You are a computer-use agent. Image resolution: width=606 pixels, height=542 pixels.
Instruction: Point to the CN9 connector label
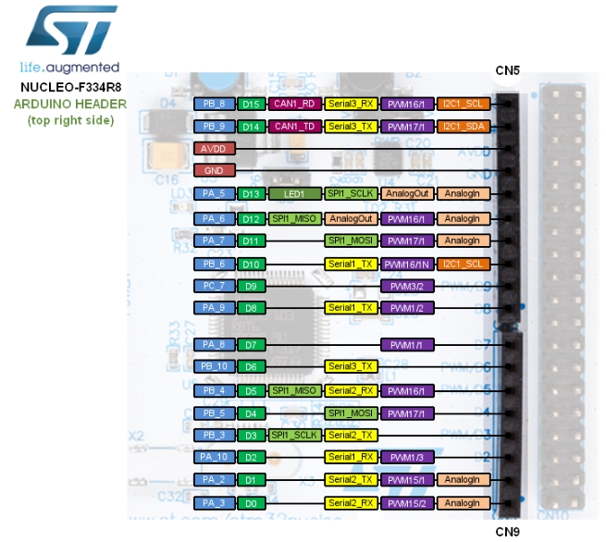(x=508, y=531)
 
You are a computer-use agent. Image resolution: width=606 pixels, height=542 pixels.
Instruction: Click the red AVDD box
(x=215, y=148)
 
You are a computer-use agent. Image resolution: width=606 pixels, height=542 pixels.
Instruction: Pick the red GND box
(x=215, y=171)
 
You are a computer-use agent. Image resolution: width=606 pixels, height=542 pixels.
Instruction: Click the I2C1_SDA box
(x=463, y=126)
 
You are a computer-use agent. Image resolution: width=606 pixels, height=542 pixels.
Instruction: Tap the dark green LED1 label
(x=294, y=194)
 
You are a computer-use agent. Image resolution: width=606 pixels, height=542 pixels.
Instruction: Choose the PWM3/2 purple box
(x=407, y=286)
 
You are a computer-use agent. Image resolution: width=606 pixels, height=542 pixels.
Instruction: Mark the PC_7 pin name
(x=215, y=286)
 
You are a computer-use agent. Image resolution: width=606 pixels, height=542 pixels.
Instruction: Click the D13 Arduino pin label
(x=251, y=194)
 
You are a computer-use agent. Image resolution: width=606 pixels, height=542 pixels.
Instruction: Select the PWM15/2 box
(x=407, y=503)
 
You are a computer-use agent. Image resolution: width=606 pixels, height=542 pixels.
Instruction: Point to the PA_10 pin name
(x=215, y=457)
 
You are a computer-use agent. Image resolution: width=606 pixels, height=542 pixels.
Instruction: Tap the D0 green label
(x=251, y=503)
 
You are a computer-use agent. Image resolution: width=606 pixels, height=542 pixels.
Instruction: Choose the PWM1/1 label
(x=407, y=344)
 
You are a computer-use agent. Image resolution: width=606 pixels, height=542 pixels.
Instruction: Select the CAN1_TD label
(x=294, y=126)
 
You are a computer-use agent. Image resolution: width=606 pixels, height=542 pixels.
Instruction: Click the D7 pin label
(x=251, y=344)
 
